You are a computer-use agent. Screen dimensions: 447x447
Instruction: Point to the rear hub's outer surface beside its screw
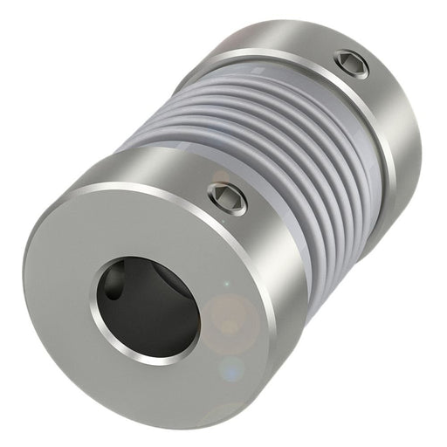pyautogui.click(x=375, y=96)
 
